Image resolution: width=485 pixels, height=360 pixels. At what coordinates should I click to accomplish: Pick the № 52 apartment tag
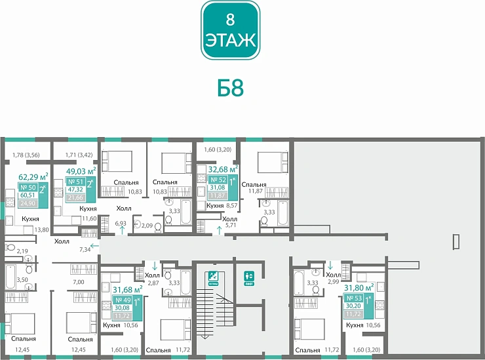pos(222,187)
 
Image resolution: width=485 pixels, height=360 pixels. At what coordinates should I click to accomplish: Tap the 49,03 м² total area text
pos(81,172)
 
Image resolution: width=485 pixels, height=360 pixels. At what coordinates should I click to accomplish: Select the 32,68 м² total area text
pos(222,168)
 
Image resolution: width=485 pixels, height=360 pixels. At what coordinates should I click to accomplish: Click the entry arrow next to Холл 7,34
pos(94,246)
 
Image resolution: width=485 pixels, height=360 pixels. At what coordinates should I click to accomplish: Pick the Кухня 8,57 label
pos(223,206)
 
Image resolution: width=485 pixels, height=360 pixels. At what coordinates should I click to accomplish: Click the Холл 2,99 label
pos(334,278)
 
